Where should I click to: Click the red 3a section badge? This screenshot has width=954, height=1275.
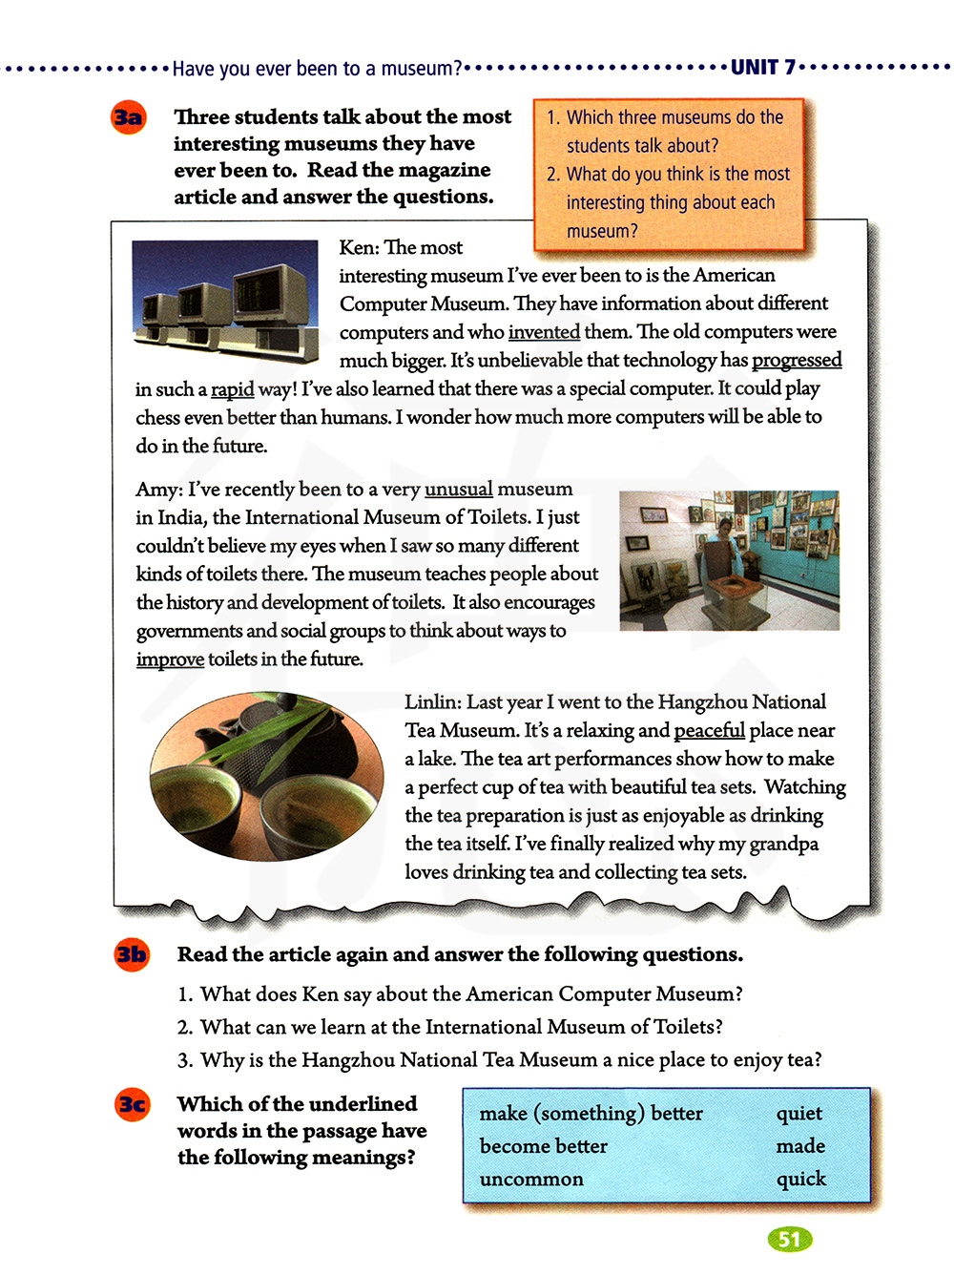[x=128, y=117]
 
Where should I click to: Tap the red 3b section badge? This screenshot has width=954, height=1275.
[x=132, y=954]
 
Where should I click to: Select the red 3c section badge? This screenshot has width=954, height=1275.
[x=133, y=1104]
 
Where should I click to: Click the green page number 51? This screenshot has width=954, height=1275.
[x=789, y=1239]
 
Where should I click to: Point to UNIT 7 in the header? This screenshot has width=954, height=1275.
[x=762, y=68]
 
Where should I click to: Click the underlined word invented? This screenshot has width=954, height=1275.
[x=544, y=332]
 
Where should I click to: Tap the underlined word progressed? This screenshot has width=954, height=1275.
[x=797, y=361]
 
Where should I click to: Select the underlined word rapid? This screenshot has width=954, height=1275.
[x=232, y=389]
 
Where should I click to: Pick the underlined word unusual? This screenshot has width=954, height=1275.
[x=458, y=490]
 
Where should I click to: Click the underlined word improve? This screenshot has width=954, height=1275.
[x=170, y=659]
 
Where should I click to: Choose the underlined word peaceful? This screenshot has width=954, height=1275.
[x=709, y=731]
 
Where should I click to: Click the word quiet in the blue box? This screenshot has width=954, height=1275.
[x=798, y=1114]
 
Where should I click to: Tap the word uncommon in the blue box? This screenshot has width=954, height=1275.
[x=531, y=1180]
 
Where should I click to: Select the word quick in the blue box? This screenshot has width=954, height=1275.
[x=800, y=1179]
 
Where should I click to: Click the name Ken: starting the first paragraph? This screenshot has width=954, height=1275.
[x=359, y=248]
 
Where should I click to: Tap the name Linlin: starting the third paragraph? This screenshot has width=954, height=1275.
[x=432, y=702]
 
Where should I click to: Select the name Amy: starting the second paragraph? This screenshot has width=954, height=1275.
[x=158, y=490]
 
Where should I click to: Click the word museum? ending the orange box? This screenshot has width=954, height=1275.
[x=602, y=231]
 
